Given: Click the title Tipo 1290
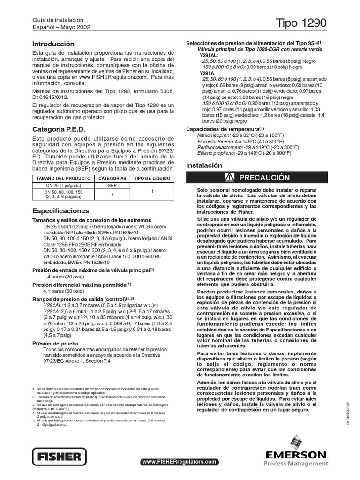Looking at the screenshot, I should coord(302,23).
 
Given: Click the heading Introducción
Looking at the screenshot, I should coord(53,44).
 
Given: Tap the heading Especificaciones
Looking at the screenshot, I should coord(60,211).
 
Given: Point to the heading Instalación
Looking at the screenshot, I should coord(204,165).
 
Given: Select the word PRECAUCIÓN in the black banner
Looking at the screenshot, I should coord(265,178).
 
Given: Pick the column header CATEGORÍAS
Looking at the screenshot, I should coord(112,179).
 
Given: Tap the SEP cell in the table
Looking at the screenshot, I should coord(112,186).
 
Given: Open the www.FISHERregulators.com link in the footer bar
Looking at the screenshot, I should coord(180,462).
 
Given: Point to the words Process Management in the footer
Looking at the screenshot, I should coord(296,464).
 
